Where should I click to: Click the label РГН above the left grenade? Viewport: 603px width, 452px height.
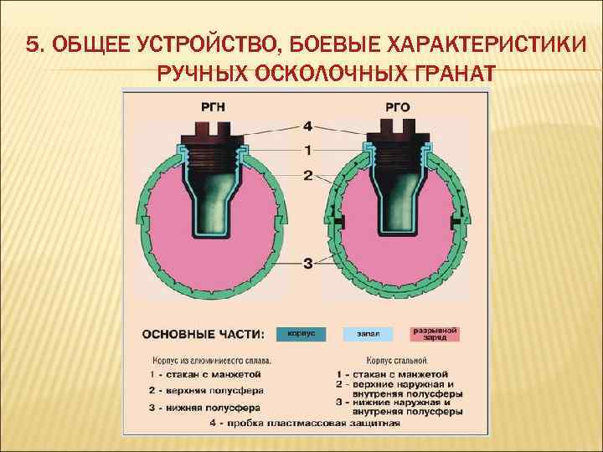(x=213, y=105)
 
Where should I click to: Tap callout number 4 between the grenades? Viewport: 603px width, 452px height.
(x=307, y=126)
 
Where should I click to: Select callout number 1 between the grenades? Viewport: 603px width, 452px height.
(x=307, y=151)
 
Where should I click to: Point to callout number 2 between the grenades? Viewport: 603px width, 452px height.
(x=307, y=176)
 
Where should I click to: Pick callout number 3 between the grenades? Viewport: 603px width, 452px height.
(x=307, y=264)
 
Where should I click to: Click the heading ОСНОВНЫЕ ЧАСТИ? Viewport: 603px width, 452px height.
(x=204, y=334)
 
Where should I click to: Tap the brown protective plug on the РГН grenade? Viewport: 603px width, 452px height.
(x=213, y=132)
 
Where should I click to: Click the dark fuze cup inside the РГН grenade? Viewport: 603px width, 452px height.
(x=213, y=197)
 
